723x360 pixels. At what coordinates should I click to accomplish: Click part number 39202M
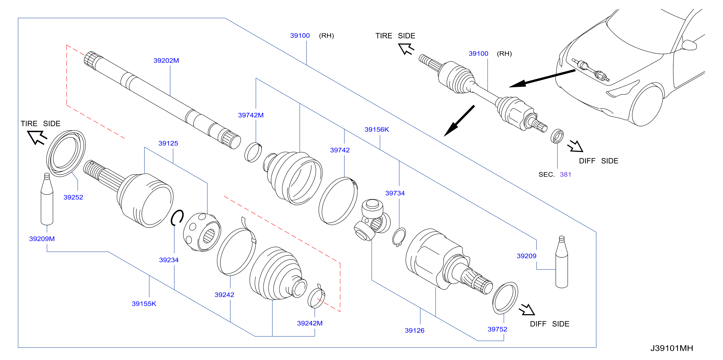[166, 61]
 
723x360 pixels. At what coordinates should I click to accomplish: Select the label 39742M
[251, 115]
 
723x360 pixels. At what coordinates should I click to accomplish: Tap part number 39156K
[377, 130]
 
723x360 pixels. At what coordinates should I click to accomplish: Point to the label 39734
[395, 193]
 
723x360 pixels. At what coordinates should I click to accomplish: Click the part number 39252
[73, 197]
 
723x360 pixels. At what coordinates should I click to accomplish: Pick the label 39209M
[42, 239]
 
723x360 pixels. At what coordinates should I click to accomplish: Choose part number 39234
[169, 260]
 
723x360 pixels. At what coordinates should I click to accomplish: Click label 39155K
[144, 304]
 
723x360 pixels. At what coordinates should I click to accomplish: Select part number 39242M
[310, 323]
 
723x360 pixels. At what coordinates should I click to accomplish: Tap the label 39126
[415, 331]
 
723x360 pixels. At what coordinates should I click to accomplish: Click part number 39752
[497, 329]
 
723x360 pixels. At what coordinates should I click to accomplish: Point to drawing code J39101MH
[672, 348]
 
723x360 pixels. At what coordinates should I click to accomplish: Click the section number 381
[565, 174]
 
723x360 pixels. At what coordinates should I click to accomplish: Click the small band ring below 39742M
[253, 152]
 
